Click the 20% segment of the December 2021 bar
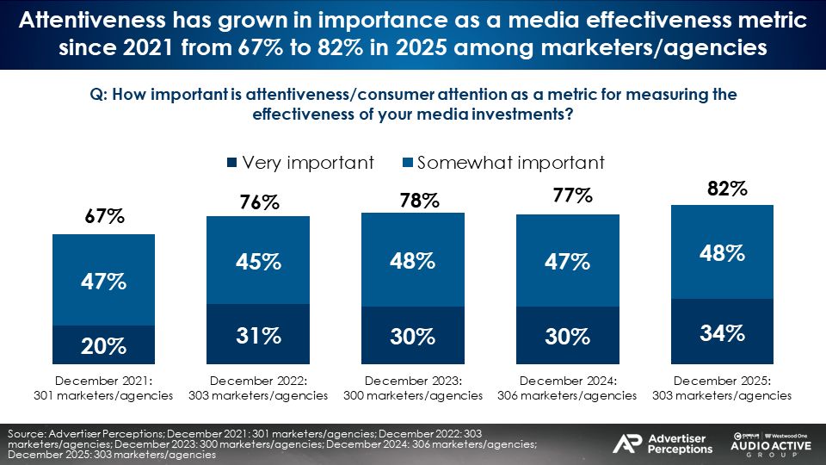103,345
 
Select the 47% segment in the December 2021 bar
103,280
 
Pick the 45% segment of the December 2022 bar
258,260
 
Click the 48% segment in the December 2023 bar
413,260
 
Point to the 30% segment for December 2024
567,336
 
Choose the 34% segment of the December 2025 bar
722,332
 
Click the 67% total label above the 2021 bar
103,218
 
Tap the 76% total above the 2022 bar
258,202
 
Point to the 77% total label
572,196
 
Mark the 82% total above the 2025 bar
722,189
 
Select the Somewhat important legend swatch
408,163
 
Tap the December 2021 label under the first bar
103,380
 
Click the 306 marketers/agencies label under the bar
567,395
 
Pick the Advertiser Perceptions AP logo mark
626,443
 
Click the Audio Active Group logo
769,442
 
